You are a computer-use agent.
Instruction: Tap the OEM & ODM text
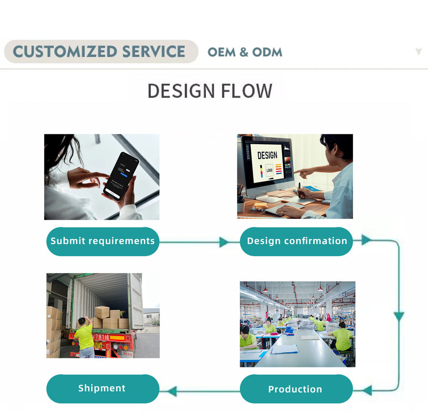coord(245,52)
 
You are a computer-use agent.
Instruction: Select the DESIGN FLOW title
coord(210,91)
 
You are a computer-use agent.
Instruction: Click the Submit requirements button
coord(102,241)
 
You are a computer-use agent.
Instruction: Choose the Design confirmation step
coord(297,241)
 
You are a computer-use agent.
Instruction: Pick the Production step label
coord(295,389)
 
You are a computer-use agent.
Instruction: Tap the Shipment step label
coord(102,388)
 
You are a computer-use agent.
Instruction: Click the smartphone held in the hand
coord(121,176)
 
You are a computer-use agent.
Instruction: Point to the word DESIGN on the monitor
coord(267,155)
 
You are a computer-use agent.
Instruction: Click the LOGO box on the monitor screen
coord(269,170)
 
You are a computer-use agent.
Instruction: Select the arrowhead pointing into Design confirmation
coord(224,242)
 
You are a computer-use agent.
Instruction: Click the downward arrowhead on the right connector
coord(399,317)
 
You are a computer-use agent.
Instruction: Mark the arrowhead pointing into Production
coord(367,390)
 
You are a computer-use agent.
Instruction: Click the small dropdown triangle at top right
coord(418,52)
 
